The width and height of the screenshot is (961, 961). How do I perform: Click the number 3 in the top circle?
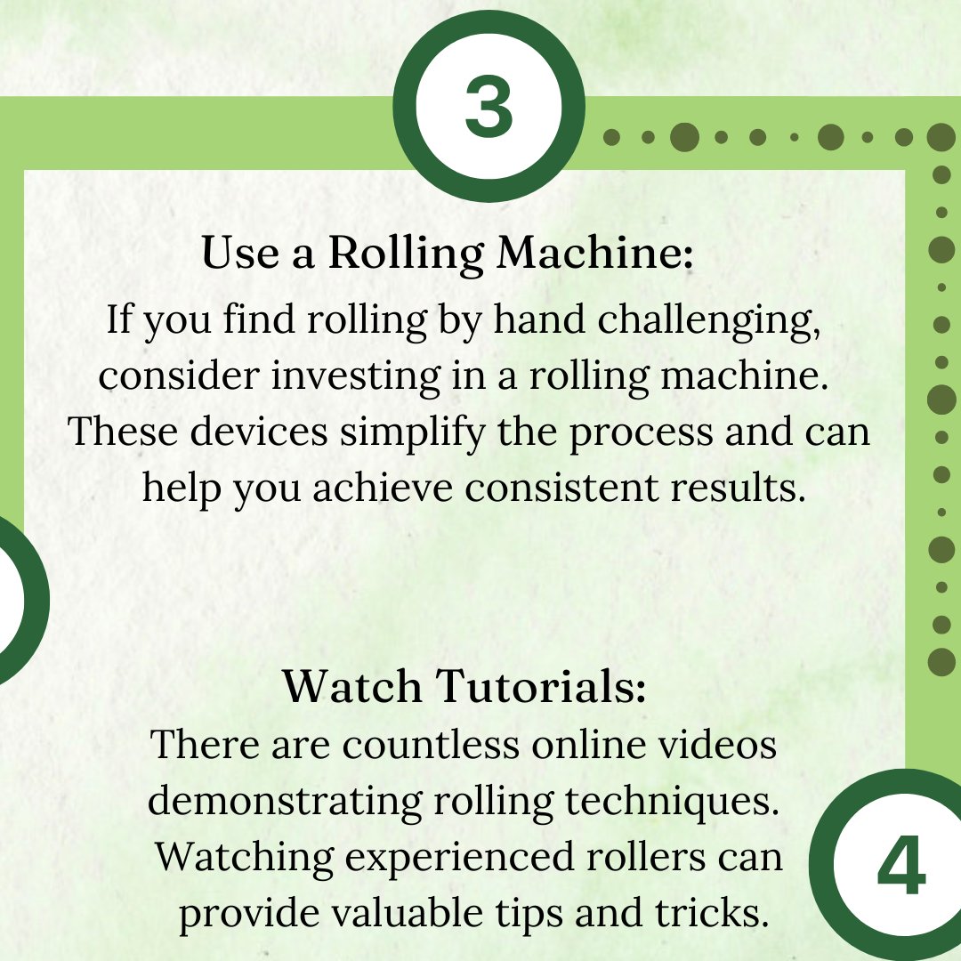pos(489,109)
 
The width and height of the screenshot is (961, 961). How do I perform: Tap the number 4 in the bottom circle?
pos(900,868)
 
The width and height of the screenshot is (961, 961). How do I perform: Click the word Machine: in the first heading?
pos(594,254)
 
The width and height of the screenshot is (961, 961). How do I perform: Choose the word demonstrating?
pos(285,802)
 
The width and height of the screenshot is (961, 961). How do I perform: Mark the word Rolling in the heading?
pos(407,254)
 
